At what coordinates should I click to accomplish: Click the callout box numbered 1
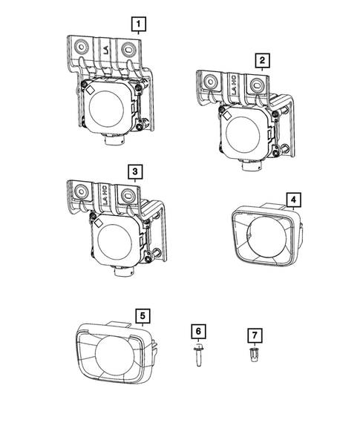tap(139, 24)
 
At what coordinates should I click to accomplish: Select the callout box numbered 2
tap(262, 61)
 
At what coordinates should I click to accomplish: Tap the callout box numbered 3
tap(135, 171)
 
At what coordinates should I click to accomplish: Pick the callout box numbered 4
tap(293, 200)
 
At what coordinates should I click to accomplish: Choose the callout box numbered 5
tap(143, 316)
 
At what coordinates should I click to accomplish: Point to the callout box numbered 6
tap(198, 332)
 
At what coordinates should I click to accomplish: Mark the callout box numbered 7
tap(255, 335)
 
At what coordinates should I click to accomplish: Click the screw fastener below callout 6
tap(198, 355)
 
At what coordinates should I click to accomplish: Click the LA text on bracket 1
tap(105, 50)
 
